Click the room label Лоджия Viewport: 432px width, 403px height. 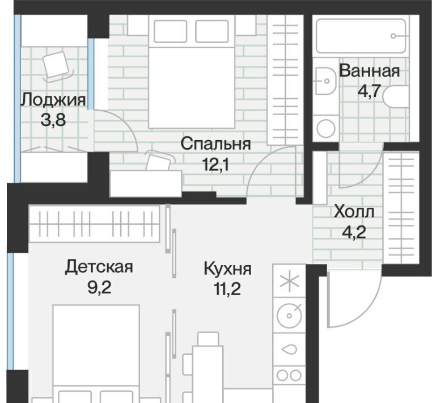pos(53,100)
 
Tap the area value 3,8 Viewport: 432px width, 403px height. pos(53,120)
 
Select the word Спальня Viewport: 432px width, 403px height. pos(216,144)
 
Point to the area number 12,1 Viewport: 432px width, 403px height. pos(215,165)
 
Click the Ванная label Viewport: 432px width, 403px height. pos(369,71)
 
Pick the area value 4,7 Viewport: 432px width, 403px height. pos(369,91)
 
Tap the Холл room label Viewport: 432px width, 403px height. pos(354,212)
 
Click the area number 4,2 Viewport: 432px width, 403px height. pos(354,232)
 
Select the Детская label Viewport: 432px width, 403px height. pos(99,267)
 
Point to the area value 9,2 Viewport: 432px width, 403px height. pos(99,288)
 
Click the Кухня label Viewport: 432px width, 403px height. pos(227,269)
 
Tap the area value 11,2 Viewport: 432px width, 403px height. pos(227,289)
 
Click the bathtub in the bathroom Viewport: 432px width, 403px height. pos(361,36)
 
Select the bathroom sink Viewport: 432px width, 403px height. pos(325,81)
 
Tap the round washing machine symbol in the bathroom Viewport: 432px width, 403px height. pos(326,128)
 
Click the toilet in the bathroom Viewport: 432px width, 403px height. pos(395,97)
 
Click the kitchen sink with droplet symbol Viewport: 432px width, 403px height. pos(289,350)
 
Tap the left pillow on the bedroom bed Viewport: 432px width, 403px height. pos(170,31)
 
